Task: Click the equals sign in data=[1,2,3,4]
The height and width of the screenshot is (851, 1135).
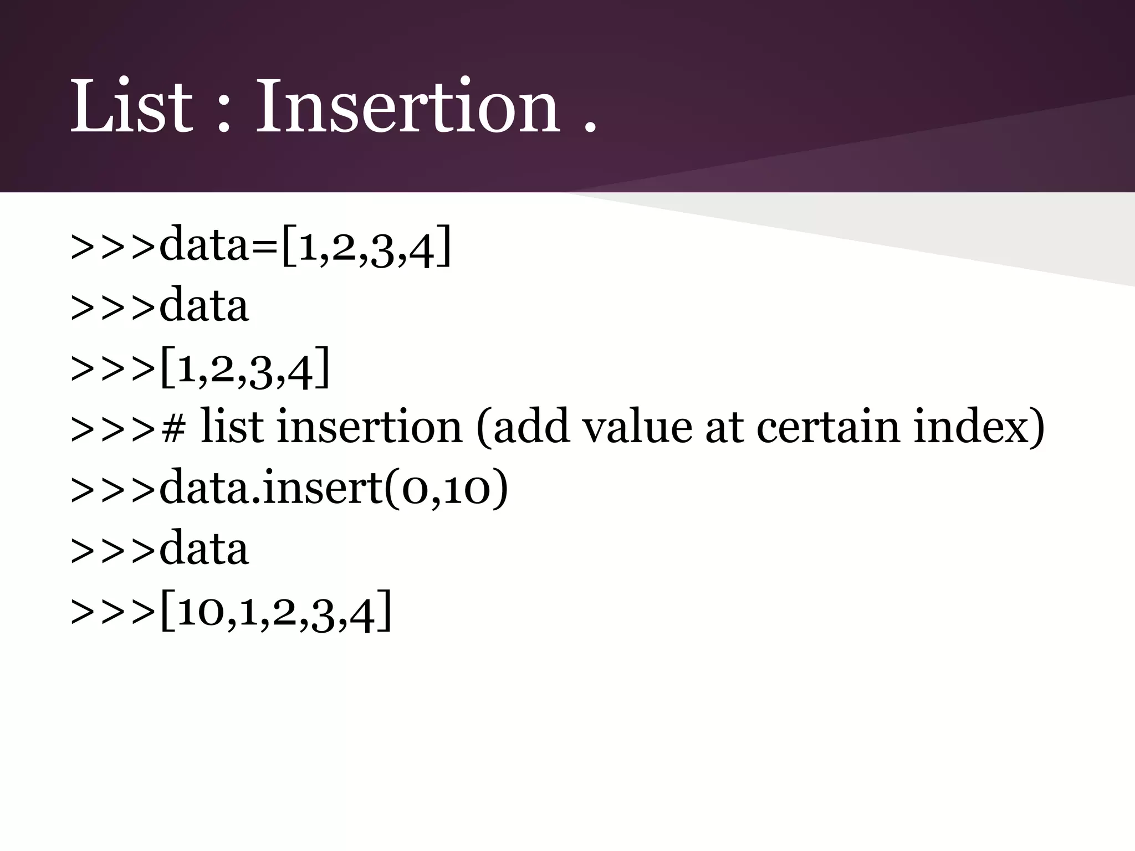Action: pyautogui.click(x=265, y=246)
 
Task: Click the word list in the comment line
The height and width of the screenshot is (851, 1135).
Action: pyautogui.click(x=232, y=427)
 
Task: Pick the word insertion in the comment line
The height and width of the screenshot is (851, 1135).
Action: pyautogui.click(x=369, y=427)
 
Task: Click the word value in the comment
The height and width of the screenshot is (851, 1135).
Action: pyautogui.click(x=637, y=427)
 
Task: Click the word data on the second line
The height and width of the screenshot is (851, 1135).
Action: pyautogui.click(x=204, y=306)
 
